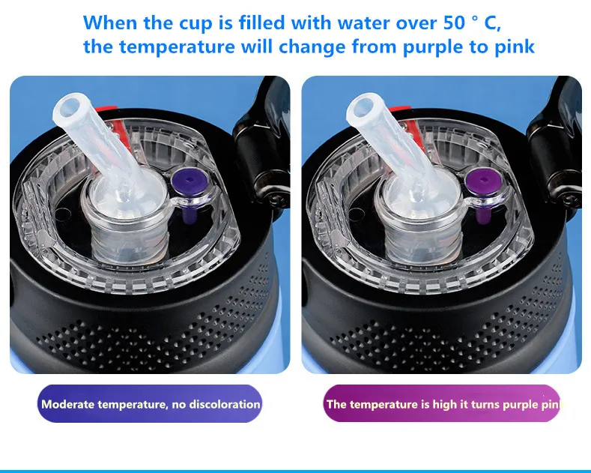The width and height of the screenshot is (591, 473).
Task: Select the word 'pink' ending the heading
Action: pyautogui.click(x=515, y=46)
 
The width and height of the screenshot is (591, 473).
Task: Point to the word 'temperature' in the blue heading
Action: pyautogui.click(x=177, y=46)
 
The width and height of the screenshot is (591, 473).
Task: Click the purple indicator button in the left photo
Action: pyautogui.click(x=187, y=182)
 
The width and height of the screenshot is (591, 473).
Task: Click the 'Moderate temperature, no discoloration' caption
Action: pyautogui.click(x=149, y=403)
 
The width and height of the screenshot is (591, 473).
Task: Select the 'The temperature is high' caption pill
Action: pyautogui.click(x=442, y=403)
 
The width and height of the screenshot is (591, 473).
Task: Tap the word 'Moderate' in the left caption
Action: pyautogui.click(x=68, y=404)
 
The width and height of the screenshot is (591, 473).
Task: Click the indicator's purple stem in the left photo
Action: pyautogui.click(x=187, y=213)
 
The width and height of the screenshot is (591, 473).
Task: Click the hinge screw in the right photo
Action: pyautogui.click(x=569, y=197)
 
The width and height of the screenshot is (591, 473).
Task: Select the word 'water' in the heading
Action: pyautogui.click(x=363, y=23)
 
